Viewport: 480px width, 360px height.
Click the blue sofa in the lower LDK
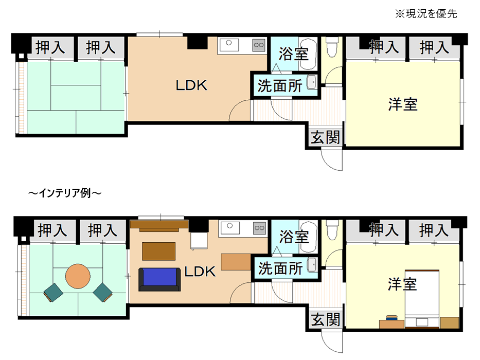click(159, 279)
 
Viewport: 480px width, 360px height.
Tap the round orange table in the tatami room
click(78, 276)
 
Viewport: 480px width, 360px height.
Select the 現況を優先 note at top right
click(426, 14)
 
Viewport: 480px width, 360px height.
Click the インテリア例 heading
click(65, 193)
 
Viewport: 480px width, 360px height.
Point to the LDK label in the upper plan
click(191, 85)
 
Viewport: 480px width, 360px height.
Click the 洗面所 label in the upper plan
click(280, 86)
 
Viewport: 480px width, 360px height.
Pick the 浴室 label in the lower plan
click(294, 237)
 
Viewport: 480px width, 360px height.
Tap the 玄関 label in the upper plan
click(326, 137)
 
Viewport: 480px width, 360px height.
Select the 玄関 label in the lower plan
click(326, 319)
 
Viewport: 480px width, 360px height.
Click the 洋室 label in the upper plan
click(403, 104)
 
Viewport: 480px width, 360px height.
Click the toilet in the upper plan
click(332, 46)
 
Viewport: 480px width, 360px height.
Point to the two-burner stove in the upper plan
click(259, 45)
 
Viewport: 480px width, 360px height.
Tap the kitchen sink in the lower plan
click(229, 228)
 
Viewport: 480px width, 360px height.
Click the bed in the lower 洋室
click(422, 299)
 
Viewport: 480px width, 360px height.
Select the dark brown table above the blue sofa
click(158, 251)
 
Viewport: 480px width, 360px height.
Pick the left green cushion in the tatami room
click(54, 293)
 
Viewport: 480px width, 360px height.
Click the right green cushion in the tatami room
click(103, 292)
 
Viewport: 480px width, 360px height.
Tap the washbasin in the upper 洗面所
click(312, 82)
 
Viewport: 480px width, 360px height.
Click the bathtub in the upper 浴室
click(308, 54)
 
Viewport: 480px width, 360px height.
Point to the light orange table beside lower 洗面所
click(236, 262)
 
